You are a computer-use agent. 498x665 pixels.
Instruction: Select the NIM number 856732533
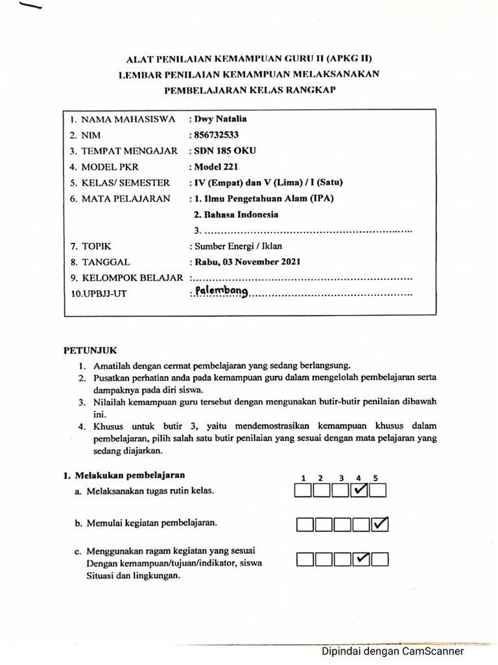[x=216, y=135]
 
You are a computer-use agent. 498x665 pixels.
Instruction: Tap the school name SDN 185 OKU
[x=224, y=151]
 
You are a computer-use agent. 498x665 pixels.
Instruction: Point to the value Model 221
[x=215, y=166]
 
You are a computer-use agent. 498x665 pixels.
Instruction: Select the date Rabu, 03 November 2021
[x=246, y=262]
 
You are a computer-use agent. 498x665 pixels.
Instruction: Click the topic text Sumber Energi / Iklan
[x=237, y=246]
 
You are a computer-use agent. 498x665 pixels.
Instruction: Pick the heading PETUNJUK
[x=89, y=350]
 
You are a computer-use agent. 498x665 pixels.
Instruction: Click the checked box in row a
[x=359, y=490]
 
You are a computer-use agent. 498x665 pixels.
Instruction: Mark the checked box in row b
[x=379, y=523]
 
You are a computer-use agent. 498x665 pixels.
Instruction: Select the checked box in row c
[x=361, y=558]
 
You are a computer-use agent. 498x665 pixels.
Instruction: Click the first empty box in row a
[x=303, y=490]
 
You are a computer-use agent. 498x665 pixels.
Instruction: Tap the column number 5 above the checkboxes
[x=375, y=478]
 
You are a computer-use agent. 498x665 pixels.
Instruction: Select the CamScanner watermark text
[x=393, y=651]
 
